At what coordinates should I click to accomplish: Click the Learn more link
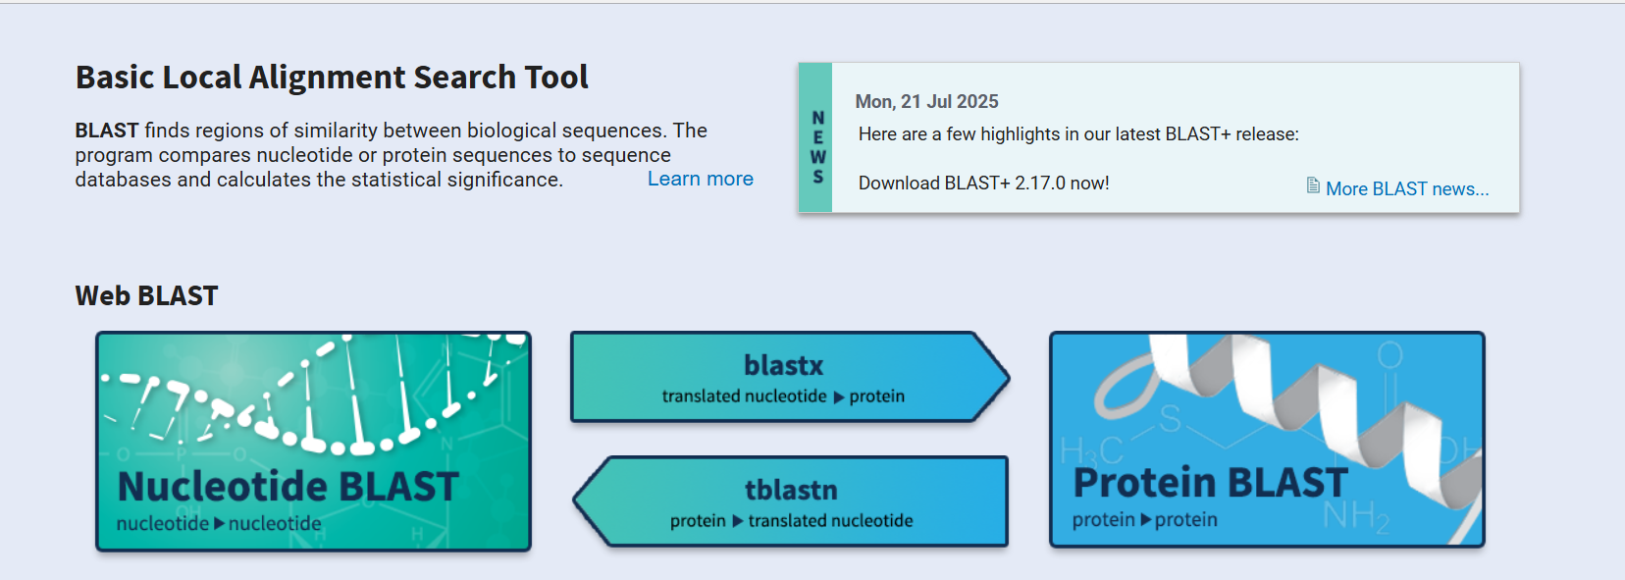point(700,179)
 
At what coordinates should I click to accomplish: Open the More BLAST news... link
point(1406,188)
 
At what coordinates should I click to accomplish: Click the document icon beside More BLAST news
point(1313,185)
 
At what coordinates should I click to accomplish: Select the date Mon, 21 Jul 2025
point(926,101)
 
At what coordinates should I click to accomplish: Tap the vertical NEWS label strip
point(815,138)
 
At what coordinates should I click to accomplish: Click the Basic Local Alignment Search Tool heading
point(332,78)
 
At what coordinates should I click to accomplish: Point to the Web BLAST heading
point(146,295)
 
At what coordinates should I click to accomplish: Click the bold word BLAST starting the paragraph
point(106,131)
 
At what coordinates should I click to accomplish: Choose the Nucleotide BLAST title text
point(288,486)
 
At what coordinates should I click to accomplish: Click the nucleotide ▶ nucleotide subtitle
point(219,523)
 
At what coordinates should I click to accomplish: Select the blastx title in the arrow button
point(783,365)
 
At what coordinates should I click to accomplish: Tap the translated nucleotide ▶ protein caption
point(783,396)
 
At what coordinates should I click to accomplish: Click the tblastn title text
point(791,490)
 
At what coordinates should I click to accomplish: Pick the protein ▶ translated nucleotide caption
point(791,521)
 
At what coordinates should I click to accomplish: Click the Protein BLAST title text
point(1210,483)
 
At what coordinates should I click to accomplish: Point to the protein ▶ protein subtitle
point(1144,519)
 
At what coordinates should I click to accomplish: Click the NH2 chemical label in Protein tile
point(1355,514)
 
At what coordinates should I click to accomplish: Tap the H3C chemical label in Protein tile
point(1090,451)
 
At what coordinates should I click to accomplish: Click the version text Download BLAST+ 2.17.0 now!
point(983,184)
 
